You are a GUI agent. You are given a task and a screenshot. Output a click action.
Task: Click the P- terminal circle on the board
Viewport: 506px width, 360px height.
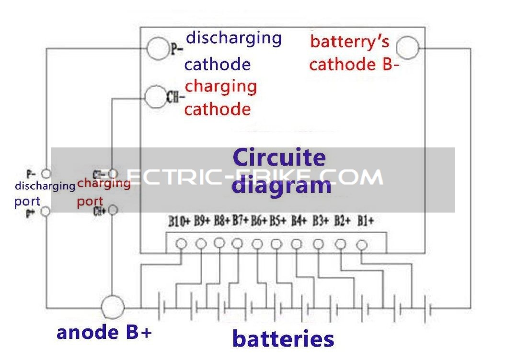coord(158,48)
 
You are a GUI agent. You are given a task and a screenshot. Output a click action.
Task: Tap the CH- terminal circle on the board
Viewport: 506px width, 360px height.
coord(155,97)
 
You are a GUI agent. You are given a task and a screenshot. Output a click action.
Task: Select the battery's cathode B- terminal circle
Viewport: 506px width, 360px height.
coord(408,47)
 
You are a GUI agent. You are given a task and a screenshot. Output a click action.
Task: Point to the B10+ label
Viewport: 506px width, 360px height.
coord(179,221)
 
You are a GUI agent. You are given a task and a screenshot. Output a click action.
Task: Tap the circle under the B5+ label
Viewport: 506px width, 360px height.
coord(276,244)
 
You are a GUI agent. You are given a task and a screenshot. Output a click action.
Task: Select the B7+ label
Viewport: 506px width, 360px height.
coord(241,221)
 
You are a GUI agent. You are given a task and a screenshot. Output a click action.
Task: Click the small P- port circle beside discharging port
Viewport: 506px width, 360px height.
coord(46,173)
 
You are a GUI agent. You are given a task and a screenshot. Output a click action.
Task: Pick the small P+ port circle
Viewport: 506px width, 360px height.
coord(46,211)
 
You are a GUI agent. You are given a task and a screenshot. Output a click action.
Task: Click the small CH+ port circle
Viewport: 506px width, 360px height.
coord(113,210)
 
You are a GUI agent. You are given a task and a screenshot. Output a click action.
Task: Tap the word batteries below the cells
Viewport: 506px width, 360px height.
coord(283,339)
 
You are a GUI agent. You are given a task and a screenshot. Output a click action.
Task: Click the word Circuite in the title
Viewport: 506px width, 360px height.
coord(279,157)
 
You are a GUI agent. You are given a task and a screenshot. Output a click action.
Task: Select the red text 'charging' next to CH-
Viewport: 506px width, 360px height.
coord(221,87)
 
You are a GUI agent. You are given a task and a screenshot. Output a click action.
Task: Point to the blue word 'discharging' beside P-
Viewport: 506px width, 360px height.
coord(234,37)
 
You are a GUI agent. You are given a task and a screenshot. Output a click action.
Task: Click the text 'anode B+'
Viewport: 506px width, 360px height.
coord(104,332)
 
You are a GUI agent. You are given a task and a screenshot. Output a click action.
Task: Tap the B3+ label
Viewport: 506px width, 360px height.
coord(320,221)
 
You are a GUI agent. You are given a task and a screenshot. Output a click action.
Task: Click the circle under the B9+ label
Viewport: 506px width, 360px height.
coord(201,244)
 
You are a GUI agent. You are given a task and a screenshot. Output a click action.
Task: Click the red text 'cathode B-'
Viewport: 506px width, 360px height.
coord(354,64)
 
